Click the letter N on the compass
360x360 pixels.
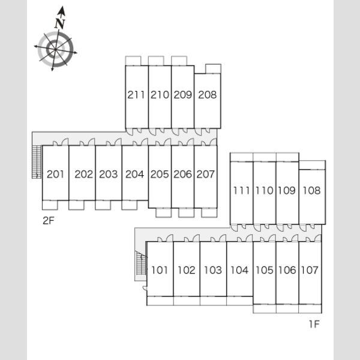[x=60, y=23]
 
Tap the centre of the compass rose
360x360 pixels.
[x=55, y=49]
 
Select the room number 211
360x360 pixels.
[x=136, y=95]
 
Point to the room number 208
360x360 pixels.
[x=208, y=95]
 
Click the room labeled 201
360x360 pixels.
[x=55, y=174]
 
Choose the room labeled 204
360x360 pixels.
[x=135, y=174]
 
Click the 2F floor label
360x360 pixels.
[x=49, y=221]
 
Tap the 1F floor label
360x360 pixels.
[x=314, y=324]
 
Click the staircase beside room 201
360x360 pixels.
[x=37, y=161]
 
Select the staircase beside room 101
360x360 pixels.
[x=141, y=263]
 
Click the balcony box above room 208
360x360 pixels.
[x=213, y=68]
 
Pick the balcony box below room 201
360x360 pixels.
[x=50, y=205]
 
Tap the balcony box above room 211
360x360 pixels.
[x=133, y=61]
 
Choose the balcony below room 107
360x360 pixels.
[x=310, y=308]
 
